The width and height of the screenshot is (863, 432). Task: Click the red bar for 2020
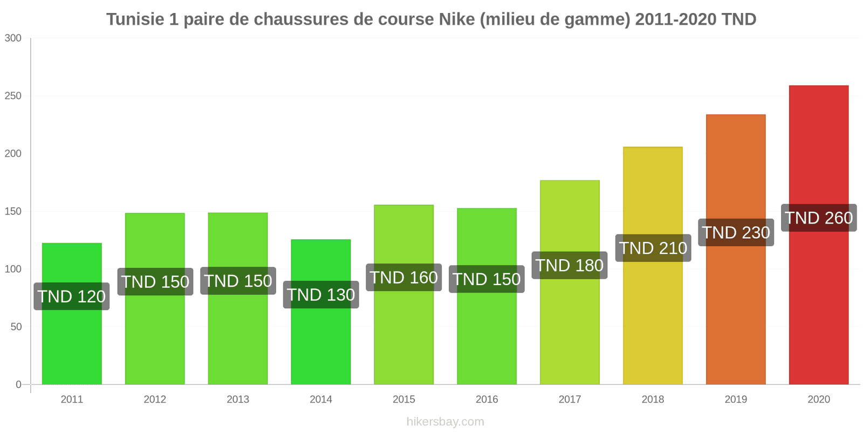818,302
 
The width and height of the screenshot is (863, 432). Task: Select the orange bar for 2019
736,313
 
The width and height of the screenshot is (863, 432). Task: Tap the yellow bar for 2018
653,324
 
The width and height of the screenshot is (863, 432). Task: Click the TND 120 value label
72,296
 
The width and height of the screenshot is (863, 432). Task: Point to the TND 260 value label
819,218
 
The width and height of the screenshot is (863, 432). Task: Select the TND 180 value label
570,265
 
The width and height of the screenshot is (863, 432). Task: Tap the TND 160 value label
403,278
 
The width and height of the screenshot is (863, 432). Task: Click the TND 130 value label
321,295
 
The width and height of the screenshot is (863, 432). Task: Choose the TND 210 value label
653,248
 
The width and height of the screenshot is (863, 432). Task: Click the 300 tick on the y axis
13,38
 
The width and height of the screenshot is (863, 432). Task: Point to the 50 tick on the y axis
16,327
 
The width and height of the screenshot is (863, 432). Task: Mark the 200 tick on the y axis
13,153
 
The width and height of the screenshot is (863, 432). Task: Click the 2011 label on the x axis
72,400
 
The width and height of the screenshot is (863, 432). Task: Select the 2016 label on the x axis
487,400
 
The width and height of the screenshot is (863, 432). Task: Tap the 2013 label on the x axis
238,400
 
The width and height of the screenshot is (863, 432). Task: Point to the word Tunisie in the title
135,19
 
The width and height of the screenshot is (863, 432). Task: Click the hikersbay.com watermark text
445,422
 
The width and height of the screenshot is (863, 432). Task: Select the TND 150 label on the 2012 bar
155,282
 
